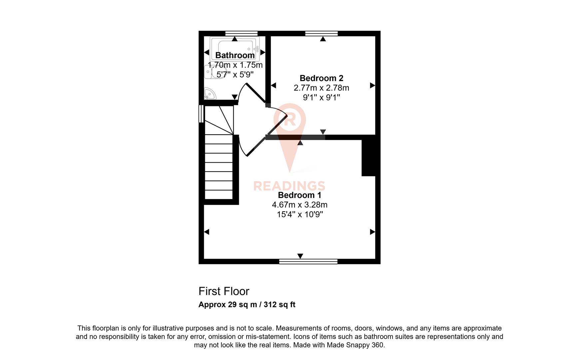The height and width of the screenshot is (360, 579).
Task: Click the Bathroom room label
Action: coord(235,55)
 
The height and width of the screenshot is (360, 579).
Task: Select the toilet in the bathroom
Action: coord(210,71)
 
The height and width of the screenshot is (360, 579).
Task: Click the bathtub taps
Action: coord(256,49)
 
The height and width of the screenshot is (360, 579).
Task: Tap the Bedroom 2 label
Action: coord(321,78)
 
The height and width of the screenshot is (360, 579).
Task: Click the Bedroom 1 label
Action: coord(299,195)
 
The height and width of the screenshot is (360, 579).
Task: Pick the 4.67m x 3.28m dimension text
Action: coord(299,205)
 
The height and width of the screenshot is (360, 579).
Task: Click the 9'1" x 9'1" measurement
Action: coord(321,98)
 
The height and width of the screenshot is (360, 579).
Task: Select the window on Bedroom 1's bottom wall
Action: coord(308,261)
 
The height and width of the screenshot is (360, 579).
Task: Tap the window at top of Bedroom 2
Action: coord(321,33)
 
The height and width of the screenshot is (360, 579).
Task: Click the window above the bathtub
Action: coord(241,33)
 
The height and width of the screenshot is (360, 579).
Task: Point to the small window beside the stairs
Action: coord(201,114)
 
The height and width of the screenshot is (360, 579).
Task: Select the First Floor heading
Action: coord(224,291)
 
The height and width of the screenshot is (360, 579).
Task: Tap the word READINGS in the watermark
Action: coord(289,186)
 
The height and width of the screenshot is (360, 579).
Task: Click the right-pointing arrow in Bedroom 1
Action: coord(372,232)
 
